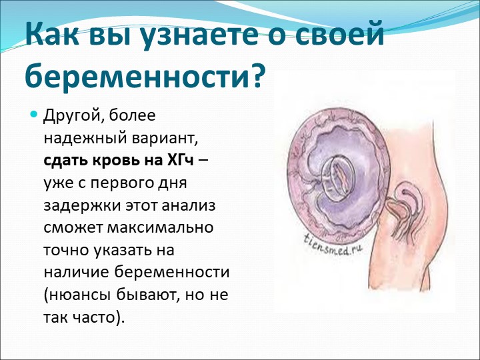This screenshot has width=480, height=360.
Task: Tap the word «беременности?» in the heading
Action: tap(144, 75)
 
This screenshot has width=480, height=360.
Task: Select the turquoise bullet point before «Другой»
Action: tap(34, 115)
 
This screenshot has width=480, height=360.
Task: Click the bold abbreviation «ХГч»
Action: tap(180, 160)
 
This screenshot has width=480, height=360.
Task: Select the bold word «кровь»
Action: tap(116, 161)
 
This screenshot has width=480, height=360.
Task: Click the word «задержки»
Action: tap(83, 205)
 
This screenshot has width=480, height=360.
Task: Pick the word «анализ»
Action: tap(188, 205)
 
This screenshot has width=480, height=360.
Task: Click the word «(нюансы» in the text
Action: tap(78, 295)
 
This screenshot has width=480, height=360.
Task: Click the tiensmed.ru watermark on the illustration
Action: tap(333, 244)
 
